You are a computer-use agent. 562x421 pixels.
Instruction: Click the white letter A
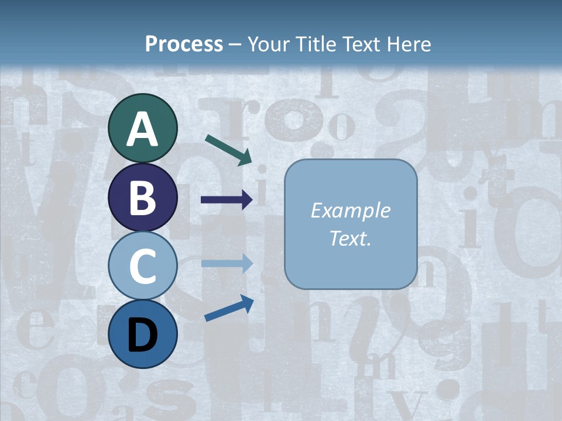click(x=142, y=129)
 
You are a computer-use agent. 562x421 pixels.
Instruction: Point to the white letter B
click(x=142, y=198)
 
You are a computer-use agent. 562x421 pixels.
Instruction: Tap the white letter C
click(x=142, y=266)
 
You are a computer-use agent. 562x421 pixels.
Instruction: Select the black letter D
click(x=142, y=334)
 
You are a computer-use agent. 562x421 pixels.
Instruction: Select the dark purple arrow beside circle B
click(x=227, y=200)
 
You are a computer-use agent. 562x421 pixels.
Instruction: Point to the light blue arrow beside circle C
click(x=227, y=263)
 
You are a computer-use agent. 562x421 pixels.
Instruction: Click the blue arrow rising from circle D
click(x=229, y=308)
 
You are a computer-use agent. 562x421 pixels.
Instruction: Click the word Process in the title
click(x=184, y=44)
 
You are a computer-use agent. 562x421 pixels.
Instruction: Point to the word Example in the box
click(x=350, y=210)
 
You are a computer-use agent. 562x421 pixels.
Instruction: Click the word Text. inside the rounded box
click(x=350, y=239)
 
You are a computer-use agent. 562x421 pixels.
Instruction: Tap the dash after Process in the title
click(x=235, y=45)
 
